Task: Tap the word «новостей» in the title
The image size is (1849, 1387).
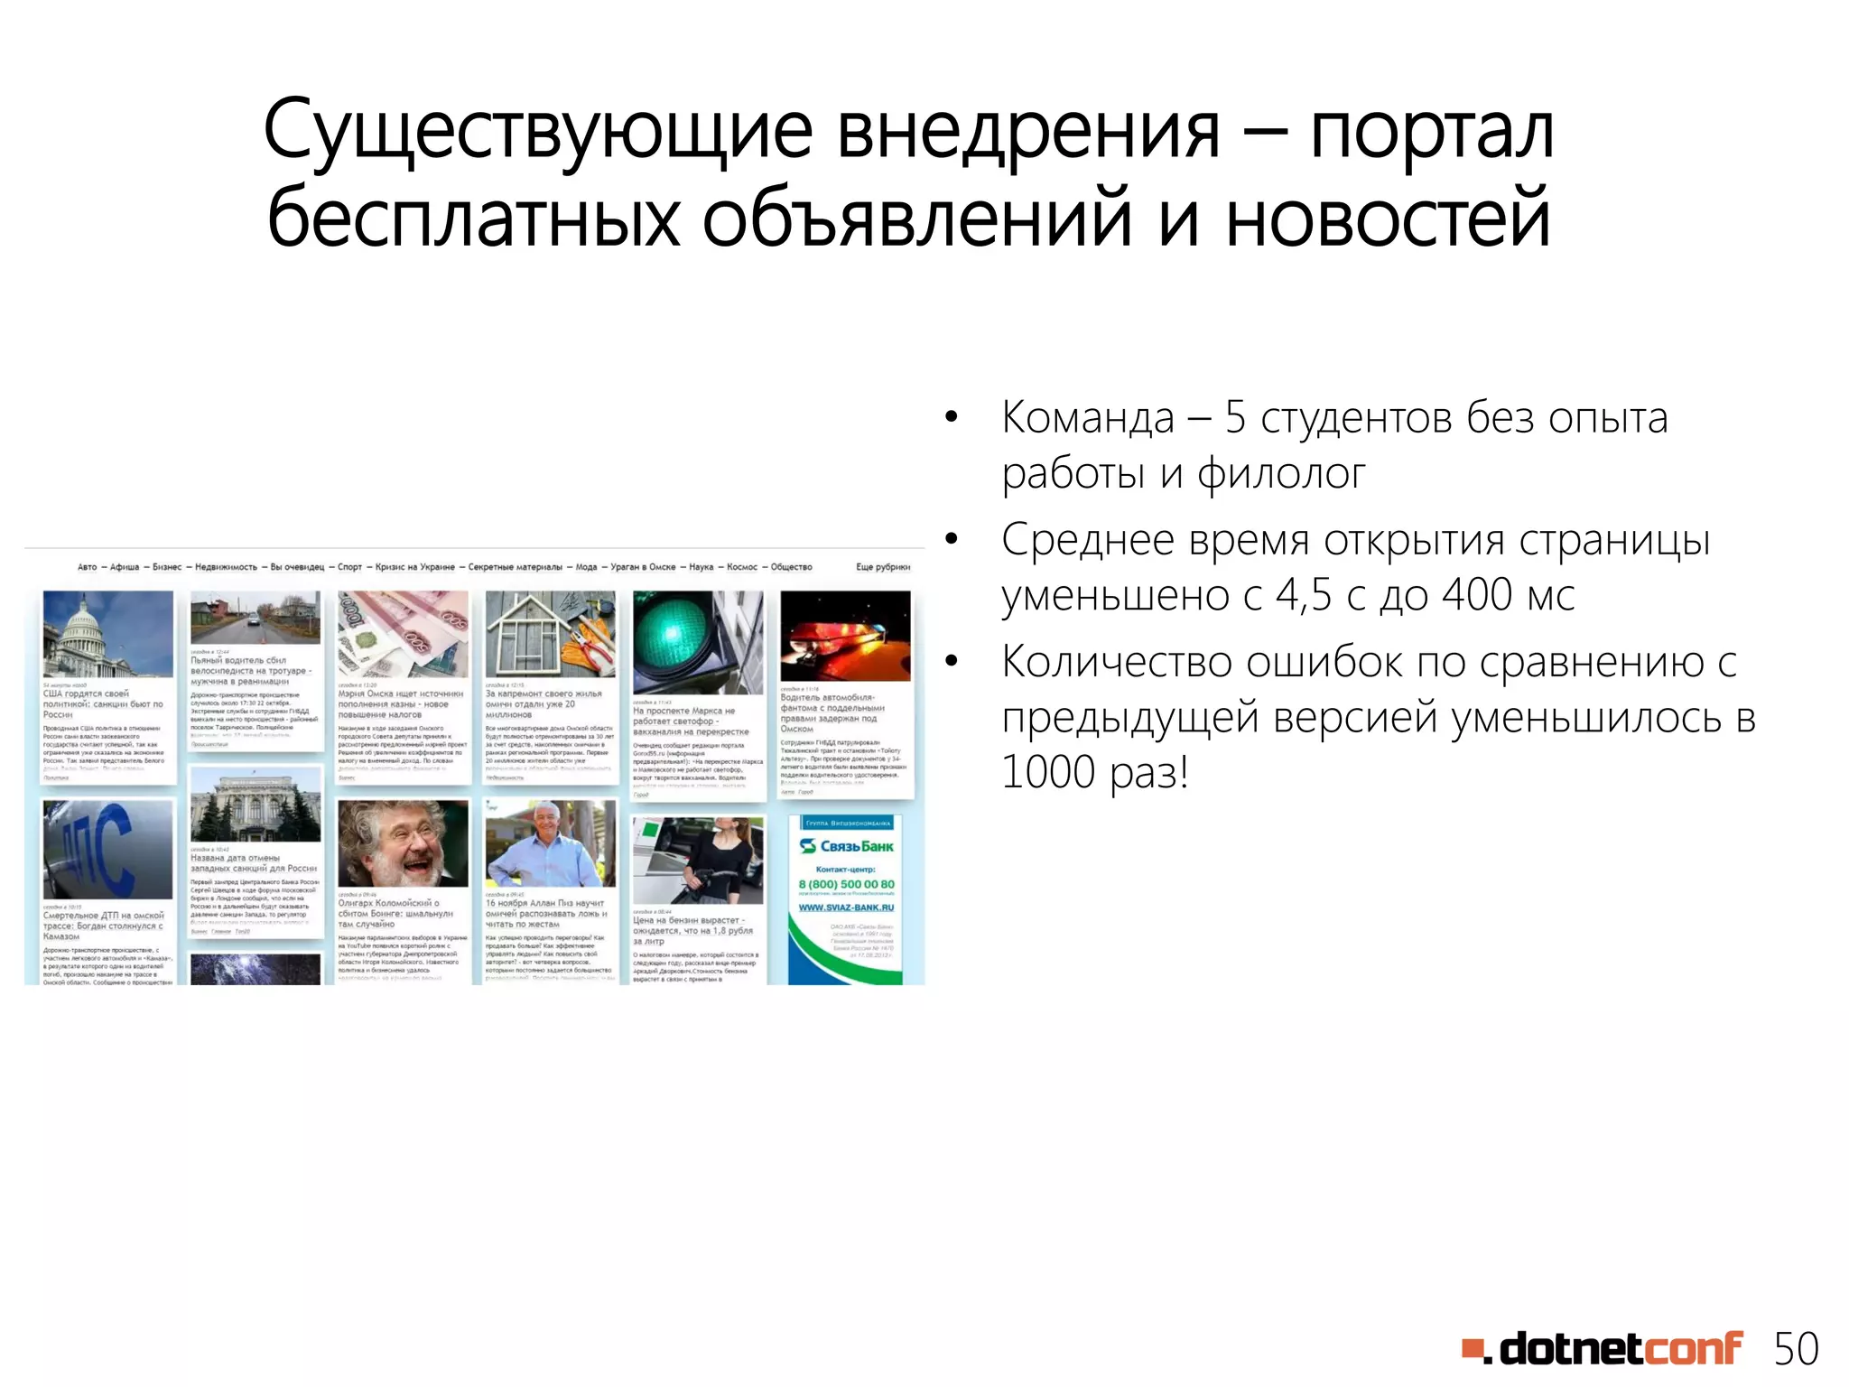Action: point(1388,219)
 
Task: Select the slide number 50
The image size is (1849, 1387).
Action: point(1796,1349)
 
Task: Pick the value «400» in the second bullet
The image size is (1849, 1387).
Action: point(1476,595)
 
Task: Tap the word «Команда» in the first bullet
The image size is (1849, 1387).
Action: point(1088,418)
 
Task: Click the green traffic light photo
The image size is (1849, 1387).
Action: point(697,642)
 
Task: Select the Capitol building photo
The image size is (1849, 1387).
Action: point(107,633)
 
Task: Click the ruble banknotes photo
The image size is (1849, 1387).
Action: point(403,633)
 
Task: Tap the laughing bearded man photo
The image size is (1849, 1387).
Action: point(403,842)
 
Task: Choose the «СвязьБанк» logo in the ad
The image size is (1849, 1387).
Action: point(846,846)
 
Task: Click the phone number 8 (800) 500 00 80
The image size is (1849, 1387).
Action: point(846,884)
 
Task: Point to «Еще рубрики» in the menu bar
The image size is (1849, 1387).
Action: point(882,567)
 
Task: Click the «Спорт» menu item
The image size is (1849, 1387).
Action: point(349,567)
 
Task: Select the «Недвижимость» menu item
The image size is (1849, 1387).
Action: point(226,567)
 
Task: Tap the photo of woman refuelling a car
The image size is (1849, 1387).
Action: point(697,860)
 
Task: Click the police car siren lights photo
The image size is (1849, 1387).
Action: point(845,636)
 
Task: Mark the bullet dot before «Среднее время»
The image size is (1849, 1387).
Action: point(950,540)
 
